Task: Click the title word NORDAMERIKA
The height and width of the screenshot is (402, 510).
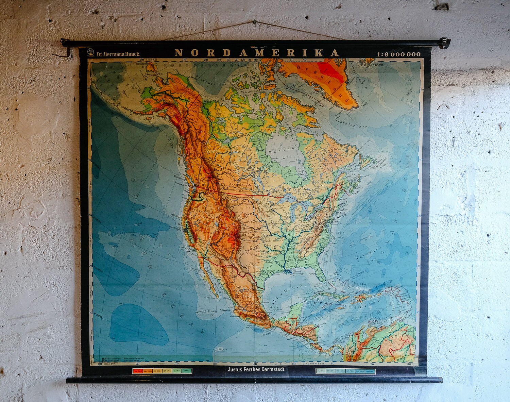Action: (x=257, y=53)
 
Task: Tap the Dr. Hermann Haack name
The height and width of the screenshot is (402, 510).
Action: (x=118, y=54)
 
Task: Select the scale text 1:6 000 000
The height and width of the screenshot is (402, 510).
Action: (x=398, y=54)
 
